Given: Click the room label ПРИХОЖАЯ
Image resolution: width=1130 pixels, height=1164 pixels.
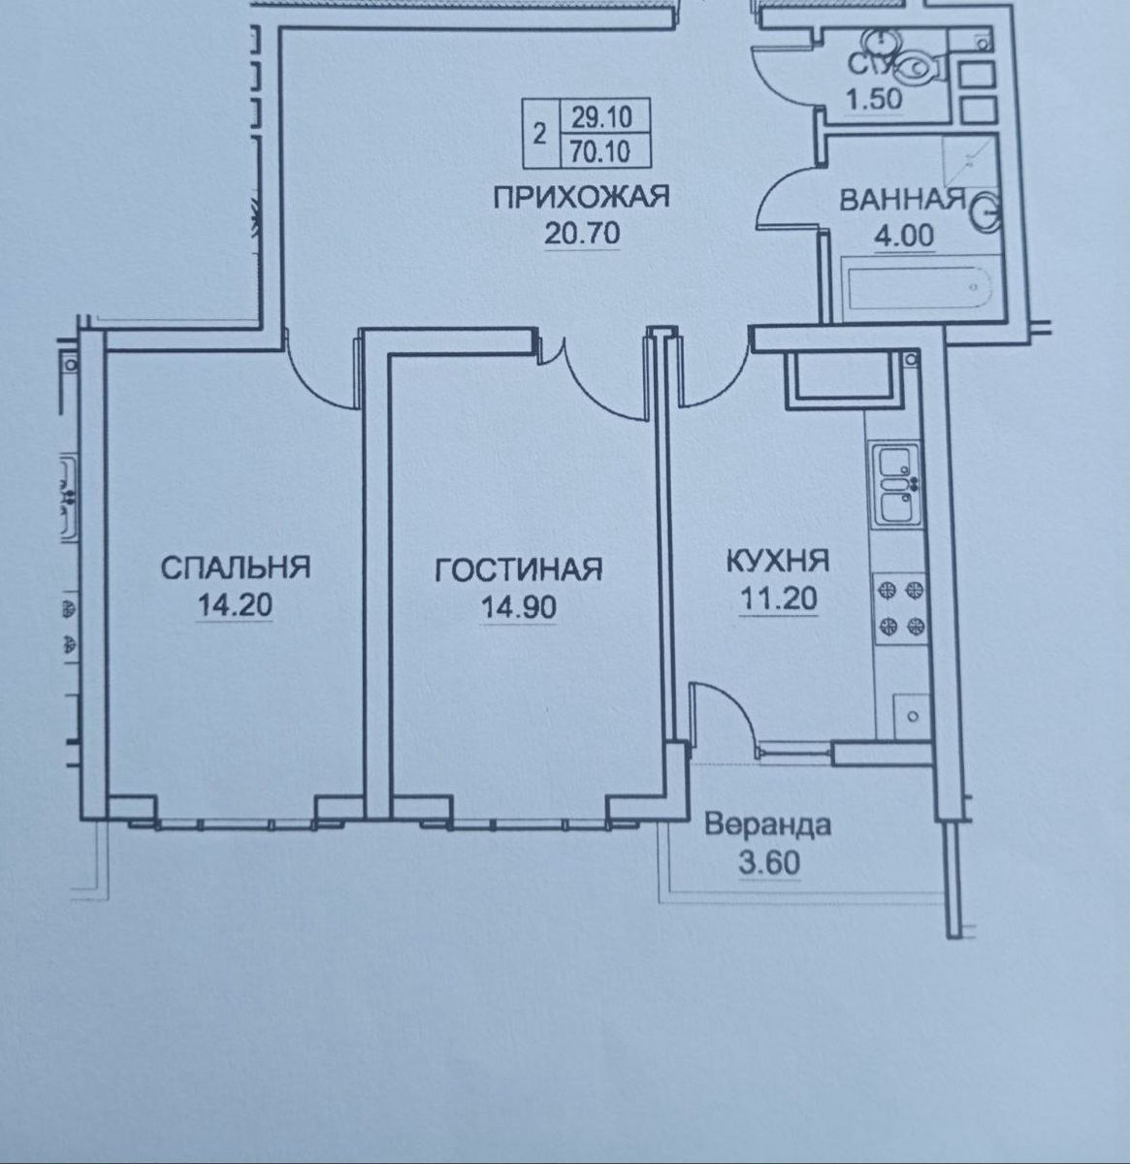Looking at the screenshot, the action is tap(581, 197).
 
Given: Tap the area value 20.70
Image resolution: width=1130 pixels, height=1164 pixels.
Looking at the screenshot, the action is tap(581, 233).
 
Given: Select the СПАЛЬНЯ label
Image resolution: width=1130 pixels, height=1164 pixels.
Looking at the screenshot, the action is tap(235, 567).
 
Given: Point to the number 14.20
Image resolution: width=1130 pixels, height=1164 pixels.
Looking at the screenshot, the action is tap(235, 605).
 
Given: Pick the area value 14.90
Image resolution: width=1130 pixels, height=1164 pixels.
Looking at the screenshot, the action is tap(519, 607).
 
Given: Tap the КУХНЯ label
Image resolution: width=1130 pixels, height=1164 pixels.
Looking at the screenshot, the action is tap(778, 561).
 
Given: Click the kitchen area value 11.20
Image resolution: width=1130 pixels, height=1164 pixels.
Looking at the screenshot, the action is tap(778, 598).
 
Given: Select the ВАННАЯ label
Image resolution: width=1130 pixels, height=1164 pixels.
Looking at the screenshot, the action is tap(903, 201).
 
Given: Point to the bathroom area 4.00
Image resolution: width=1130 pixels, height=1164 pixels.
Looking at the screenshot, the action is tap(904, 236).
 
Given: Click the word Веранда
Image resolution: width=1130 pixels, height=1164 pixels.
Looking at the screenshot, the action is tap(768, 824).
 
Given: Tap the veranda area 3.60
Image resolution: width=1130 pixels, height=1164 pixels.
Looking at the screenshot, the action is tap(769, 862).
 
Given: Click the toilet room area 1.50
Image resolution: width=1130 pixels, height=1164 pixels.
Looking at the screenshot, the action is tap(873, 99).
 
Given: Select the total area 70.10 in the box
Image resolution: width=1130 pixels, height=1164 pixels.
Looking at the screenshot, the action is tap(600, 151).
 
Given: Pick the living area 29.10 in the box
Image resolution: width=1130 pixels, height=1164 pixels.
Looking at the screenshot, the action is tap(601, 116).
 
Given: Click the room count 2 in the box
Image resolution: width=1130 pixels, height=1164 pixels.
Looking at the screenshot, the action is tap(539, 134).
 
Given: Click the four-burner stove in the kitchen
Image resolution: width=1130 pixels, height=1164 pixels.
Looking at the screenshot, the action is tap(901, 608).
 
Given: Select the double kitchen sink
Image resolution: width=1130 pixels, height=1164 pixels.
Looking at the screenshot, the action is tap(895, 485).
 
